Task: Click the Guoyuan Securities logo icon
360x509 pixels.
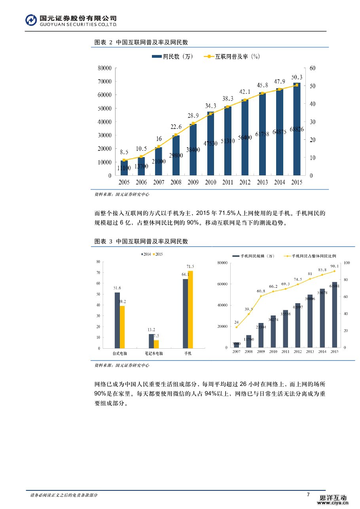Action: pyautogui.click(x=31, y=21)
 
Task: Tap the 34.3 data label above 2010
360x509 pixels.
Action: pyautogui.click(x=210, y=106)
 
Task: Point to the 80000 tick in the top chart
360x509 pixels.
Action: pyautogui.click(x=104, y=68)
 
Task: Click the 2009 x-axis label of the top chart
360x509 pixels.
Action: pyautogui.click(x=193, y=182)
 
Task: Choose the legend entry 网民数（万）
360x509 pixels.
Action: pyautogui.click(x=173, y=57)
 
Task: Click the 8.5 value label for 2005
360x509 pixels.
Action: pyautogui.click(x=124, y=152)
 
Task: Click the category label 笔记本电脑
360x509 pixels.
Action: pyautogui.click(x=151, y=353)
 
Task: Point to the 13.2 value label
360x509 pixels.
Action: pyautogui.click(x=151, y=330)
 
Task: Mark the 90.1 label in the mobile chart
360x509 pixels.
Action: pyautogui.click(x=334, y=266)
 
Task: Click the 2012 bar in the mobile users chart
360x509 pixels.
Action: pyautogui.click(x=297, y=325)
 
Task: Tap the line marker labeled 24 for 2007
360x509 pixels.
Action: pyautogui.click(x=237, y=327)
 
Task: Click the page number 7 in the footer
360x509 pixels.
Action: pyautogui.click(x=308, y=494)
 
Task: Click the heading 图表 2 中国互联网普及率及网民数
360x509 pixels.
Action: pyautogui.click(x=141, y=42)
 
